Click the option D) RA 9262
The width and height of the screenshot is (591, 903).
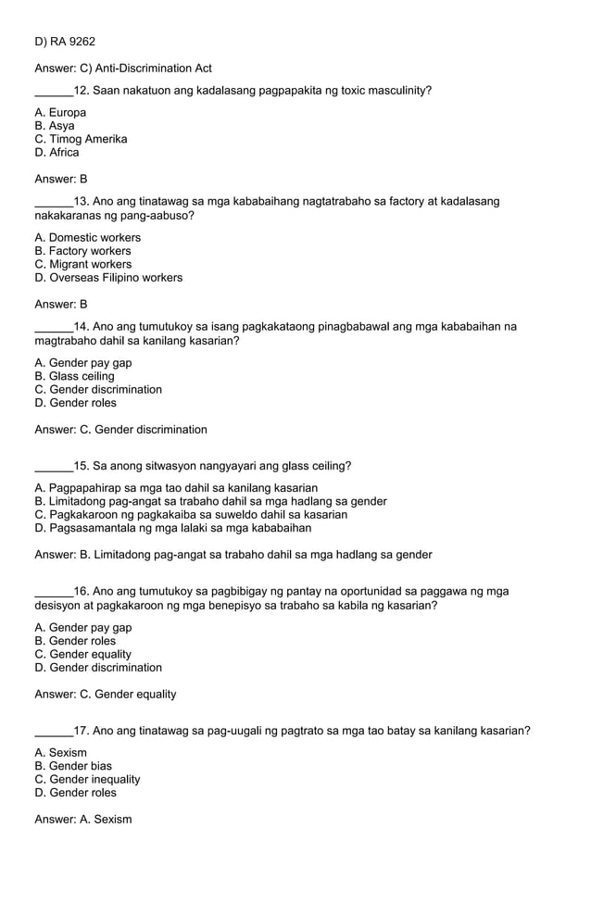[x=65, y=42]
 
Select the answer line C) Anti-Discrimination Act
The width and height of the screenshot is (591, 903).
[x=123, y=69]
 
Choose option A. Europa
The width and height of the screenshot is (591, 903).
[x=60, y=113]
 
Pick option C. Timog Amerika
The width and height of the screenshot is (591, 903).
[x=81, y=139]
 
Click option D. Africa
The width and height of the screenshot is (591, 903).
[x=57, y=153]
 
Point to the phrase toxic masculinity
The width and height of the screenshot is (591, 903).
[x=374, y=91]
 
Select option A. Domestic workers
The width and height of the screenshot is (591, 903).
[x=87, y=238]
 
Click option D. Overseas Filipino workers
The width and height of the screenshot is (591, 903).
[x=108, y=278]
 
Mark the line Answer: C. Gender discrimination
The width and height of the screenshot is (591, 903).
[x=120, y=430]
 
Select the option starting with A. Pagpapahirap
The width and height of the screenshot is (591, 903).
[x=176, y=488]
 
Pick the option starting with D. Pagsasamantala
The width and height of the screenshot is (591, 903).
[x=172, y=528]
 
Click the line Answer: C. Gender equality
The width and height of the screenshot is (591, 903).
[x=105, y=695]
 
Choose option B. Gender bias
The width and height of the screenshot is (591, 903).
[x=73, y=767]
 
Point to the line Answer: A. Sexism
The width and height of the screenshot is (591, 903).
[x=83, y=820]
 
